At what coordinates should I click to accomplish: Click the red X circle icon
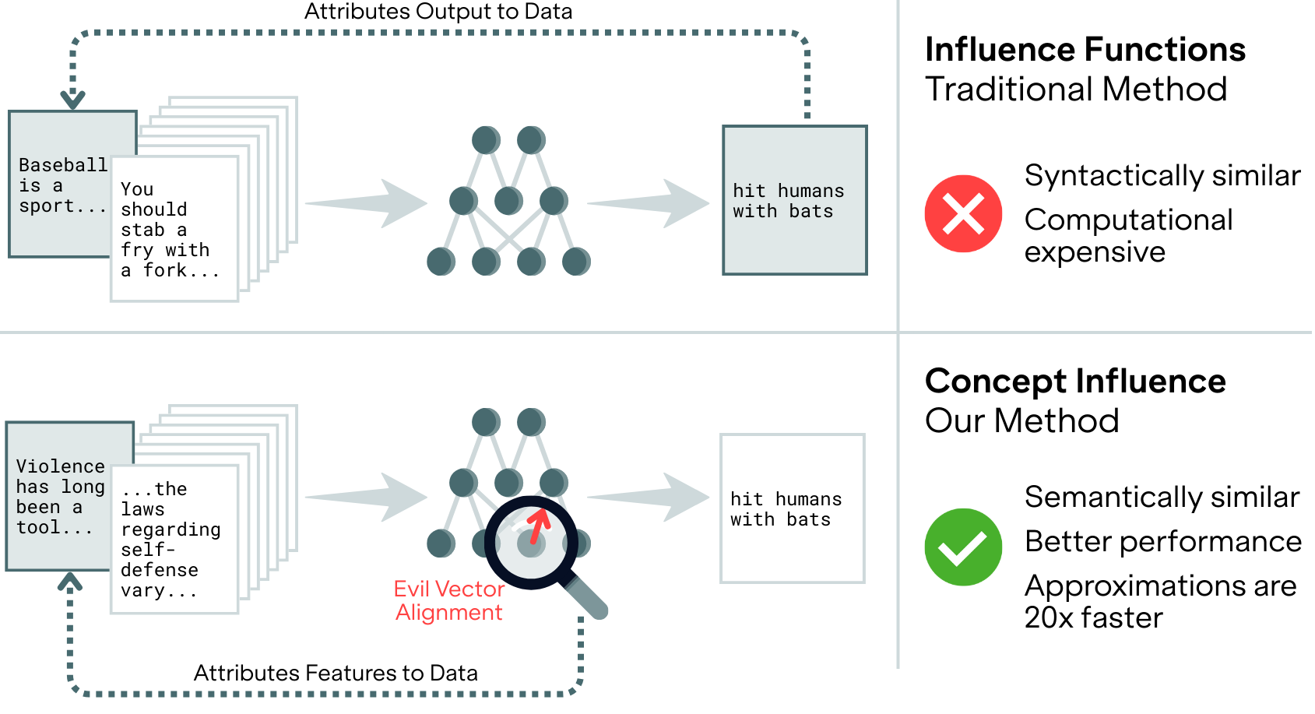[x=963, y=213]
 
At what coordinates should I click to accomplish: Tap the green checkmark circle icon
[x=963, y=547]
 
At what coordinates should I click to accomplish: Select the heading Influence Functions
[x=1085, y=50]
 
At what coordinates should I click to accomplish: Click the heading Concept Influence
[x=1074, y=382]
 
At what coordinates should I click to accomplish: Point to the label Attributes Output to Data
[x=438, y=12]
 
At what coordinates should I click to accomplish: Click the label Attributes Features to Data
[x=336, y=673]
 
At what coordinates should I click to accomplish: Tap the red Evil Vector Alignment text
[x=448, y=600]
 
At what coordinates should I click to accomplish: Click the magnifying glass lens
[x=531, y=542]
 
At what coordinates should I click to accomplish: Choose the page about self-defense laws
[x=174, y=540]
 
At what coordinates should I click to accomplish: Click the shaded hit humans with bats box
[x=794, y=201]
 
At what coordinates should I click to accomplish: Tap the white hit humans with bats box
[x=792, y=509]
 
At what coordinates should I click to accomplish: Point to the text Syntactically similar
[x=1162, y=176]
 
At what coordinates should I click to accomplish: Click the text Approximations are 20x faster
[x=1159, y=601]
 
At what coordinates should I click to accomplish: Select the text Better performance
[x=1162, y=541]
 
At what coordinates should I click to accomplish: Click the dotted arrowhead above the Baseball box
[x=72, y=100]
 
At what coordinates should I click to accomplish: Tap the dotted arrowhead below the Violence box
[x=70, y=582]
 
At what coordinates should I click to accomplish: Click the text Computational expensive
[x=1127, y=236]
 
